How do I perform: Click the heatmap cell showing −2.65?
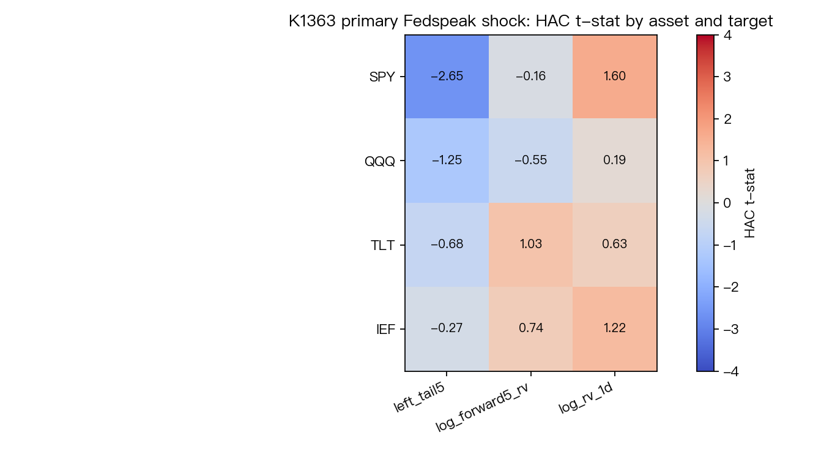tap(447, 77)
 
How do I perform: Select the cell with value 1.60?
tap(615, 77)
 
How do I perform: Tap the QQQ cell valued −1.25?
tap(447, 161)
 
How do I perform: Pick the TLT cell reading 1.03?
tap(531, 245)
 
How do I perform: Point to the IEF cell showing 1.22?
tap(615, 329)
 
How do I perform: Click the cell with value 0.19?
tap(615, 161)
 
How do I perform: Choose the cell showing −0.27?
tap(447, 329)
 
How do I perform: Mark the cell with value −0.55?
tap(531, 161)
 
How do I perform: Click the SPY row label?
tap(382, 77)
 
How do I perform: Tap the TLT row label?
tap(382, 246)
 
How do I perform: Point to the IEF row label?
tap(385, 330)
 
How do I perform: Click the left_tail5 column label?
tap(419, 397)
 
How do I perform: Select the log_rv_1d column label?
tap(585, 398)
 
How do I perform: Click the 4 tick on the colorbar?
tap(727, 36)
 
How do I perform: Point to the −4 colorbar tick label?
tap(731, 371)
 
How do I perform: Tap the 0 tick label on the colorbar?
tap(727, 203)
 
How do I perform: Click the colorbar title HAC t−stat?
tap(750, 203)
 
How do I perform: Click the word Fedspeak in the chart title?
tap(439, 21)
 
